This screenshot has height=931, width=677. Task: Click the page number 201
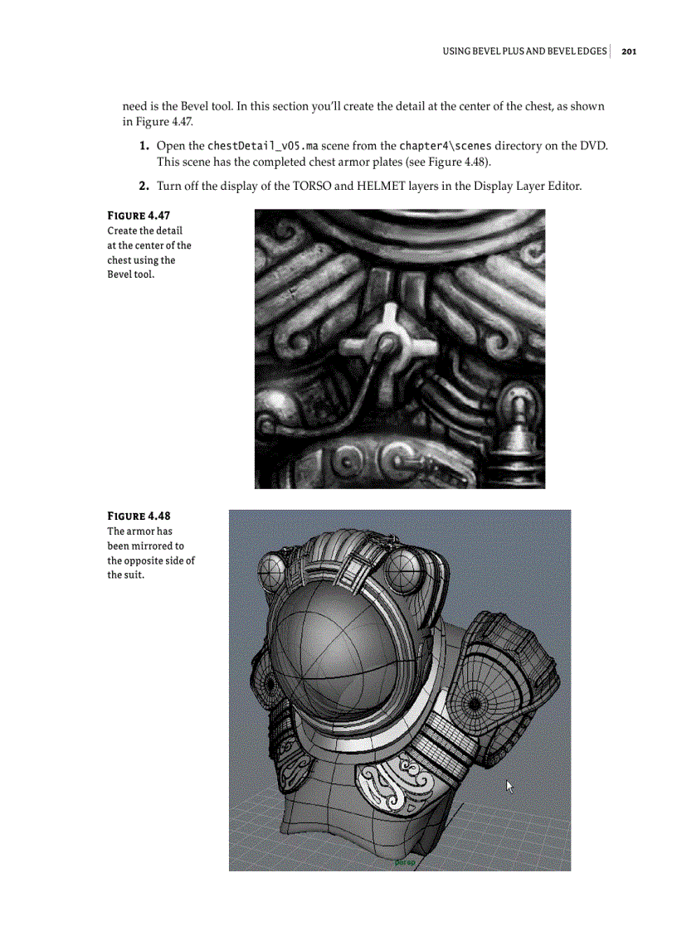628,51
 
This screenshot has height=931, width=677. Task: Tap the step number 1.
144,147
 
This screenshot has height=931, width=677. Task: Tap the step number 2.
144,186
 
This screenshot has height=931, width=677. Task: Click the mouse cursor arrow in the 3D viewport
510,786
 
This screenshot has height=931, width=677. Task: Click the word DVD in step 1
594,147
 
